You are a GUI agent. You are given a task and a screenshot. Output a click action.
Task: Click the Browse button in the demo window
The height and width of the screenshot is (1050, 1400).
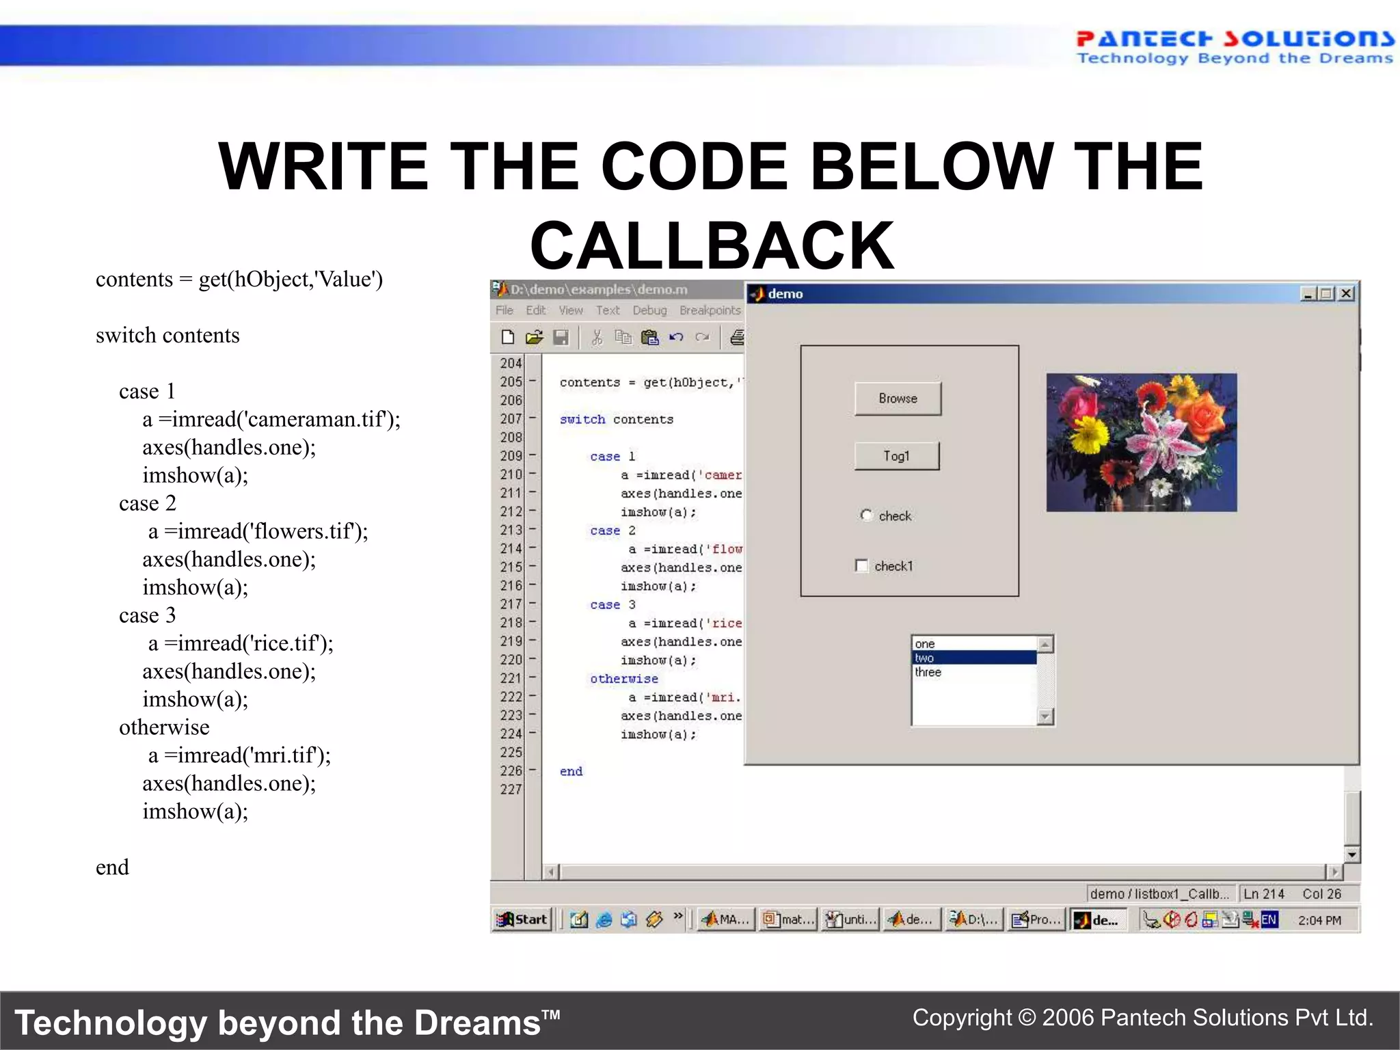point(898,399)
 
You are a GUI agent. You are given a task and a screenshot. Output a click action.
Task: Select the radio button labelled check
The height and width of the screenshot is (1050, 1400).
point(867,515)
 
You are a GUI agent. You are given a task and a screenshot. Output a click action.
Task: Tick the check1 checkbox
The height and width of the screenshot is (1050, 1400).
point(862,566)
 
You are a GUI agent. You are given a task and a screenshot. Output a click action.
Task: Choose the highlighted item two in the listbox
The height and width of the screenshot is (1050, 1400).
point(973,658)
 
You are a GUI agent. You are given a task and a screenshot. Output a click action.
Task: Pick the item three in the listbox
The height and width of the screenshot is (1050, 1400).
point(928,673)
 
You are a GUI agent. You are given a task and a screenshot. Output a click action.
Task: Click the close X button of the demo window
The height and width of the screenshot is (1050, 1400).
point(1346,294)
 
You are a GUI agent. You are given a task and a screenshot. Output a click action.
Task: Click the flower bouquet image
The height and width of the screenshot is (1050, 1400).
point(1141,442)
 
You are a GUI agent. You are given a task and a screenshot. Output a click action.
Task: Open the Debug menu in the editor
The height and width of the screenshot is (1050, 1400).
point(649,310)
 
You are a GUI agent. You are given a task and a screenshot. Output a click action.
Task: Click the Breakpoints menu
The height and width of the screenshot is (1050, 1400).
point(710,310)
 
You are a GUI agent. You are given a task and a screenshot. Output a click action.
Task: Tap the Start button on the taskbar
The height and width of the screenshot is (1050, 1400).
point(523,919)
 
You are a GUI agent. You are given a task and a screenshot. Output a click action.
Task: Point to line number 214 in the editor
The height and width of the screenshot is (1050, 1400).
point(511,548)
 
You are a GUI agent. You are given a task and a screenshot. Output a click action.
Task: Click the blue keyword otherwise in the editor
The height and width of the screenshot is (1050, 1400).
point(623,679)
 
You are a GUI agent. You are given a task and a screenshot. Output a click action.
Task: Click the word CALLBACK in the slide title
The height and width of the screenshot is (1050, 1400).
point(712,246)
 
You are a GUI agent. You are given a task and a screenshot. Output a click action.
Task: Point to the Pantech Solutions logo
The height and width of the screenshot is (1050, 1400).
point(1234,47)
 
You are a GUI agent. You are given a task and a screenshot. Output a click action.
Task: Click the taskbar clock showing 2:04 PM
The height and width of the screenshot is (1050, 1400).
point(1319,920)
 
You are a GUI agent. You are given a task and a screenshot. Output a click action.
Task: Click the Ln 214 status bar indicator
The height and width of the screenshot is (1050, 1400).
point(1263,894)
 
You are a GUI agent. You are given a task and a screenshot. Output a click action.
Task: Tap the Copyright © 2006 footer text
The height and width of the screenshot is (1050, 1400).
point(1142,1018)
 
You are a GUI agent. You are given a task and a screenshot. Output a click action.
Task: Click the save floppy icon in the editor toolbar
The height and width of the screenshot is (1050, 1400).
point(561,337)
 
